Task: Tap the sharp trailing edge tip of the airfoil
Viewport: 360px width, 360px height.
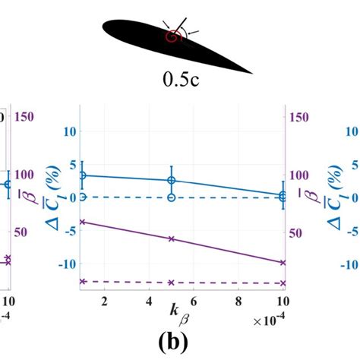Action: pos(251,72)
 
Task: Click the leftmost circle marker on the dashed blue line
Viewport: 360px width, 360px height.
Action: pos(82,197)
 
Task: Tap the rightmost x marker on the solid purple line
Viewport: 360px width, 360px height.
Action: pos(283,262)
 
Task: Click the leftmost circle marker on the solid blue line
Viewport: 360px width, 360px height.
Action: pos(82,175)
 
